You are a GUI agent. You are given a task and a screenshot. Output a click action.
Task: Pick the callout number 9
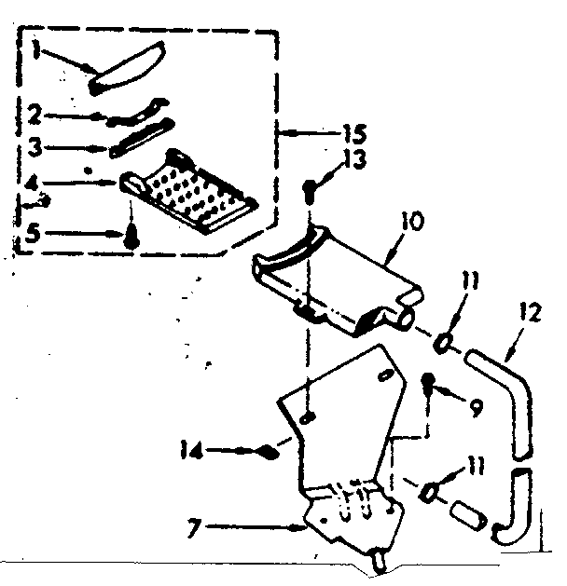(477, 408)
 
